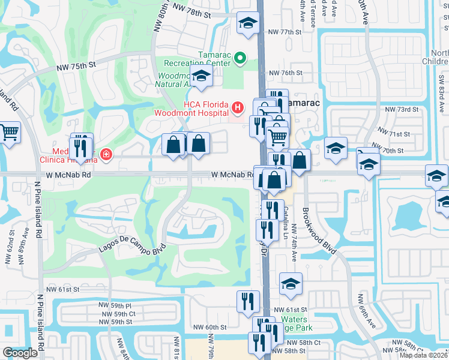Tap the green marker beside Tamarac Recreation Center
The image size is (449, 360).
coord(240,58)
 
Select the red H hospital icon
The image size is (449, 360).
coord(238,109)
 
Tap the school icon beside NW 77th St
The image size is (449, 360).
coord(246,23)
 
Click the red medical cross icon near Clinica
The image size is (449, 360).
coord(106,155)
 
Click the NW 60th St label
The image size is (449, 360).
coord(209,327)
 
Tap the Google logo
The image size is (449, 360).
coord(20,353)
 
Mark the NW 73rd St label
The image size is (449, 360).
coord(401,110)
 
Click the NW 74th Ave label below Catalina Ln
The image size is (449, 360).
coord(295,247)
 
